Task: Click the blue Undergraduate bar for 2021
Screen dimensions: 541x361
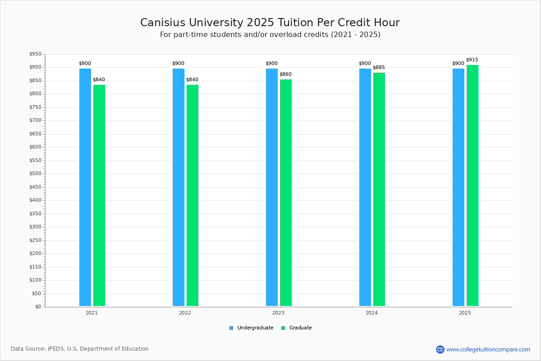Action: [x=85, y=187]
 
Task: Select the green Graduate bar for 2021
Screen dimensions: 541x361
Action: [x=99, y=195]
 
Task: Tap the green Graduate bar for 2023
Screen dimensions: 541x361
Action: [x=286, y=193]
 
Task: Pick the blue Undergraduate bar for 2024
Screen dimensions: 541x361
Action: [x=365, y=187]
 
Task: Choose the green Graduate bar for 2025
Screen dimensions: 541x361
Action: [x=472, y=185]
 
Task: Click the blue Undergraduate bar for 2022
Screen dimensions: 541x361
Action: [x=179, y=187]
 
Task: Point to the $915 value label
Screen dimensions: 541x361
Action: [x=472, y=60]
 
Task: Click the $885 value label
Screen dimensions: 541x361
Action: [x=379, y=67]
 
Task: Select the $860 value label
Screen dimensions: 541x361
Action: [x=286, y=74]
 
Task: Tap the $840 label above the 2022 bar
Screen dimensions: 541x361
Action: [x=192, y=79]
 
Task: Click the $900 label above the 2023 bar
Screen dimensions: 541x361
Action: [x=272, y=63]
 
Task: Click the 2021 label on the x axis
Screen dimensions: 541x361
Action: [x=92, y=313]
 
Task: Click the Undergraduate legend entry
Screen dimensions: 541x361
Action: [x=252, y=328]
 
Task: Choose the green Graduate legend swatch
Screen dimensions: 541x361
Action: [x=283, y=328]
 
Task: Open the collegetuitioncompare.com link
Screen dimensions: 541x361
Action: [x=483, y=349]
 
